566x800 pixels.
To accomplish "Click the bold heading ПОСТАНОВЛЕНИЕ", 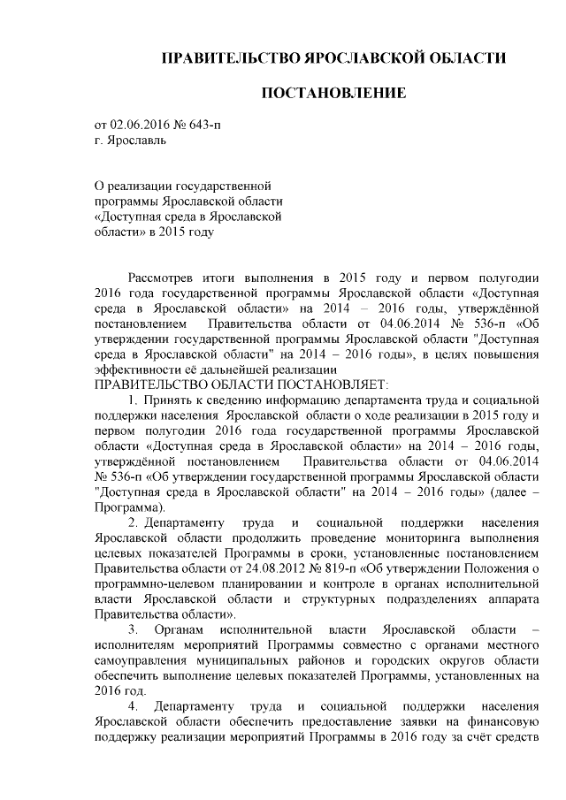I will point(333,93).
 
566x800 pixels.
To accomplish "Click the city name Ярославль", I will point(134,140).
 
